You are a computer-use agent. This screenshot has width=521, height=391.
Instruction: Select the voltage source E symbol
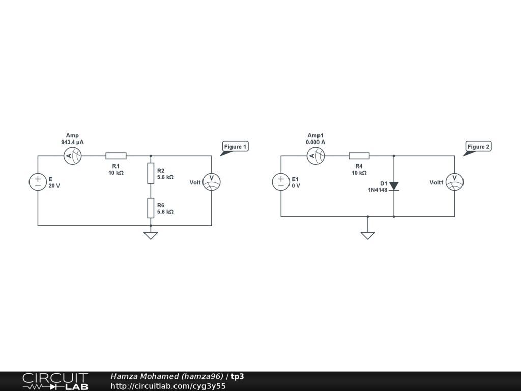click(38, 182)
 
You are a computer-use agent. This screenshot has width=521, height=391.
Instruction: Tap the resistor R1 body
click(115, 156)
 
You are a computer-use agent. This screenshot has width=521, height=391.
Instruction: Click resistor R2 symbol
click(151, 173)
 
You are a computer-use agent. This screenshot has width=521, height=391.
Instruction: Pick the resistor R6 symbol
click(151, 208)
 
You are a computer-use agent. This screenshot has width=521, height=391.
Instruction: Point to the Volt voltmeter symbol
click(211, 182)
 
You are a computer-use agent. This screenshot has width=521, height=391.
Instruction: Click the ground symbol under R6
click(151, 235)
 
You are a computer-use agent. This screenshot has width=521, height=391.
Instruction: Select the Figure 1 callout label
click(236, 147)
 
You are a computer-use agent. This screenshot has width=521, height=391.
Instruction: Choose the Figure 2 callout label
click(479, 147)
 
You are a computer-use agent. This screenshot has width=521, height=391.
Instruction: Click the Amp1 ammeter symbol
click(315, 156)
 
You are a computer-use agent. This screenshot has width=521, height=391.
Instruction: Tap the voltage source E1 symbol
click(281, 182)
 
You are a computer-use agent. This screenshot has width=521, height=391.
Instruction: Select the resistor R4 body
click(359, 156)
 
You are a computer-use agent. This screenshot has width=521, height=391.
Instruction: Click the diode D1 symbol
click(394, 186)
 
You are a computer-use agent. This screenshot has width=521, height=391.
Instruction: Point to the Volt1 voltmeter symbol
click(454, 182)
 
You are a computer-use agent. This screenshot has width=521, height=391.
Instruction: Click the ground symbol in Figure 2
click(367, 235)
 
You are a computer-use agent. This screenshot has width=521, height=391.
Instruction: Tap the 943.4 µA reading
click(72, 143)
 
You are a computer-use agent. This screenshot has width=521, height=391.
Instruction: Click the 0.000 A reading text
click(315, 143)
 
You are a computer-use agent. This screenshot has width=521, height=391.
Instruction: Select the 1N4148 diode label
click(378, 190)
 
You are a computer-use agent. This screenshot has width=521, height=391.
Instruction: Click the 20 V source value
click(54, 186)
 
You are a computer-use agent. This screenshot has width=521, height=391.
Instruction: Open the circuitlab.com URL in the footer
click(168, 386)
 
